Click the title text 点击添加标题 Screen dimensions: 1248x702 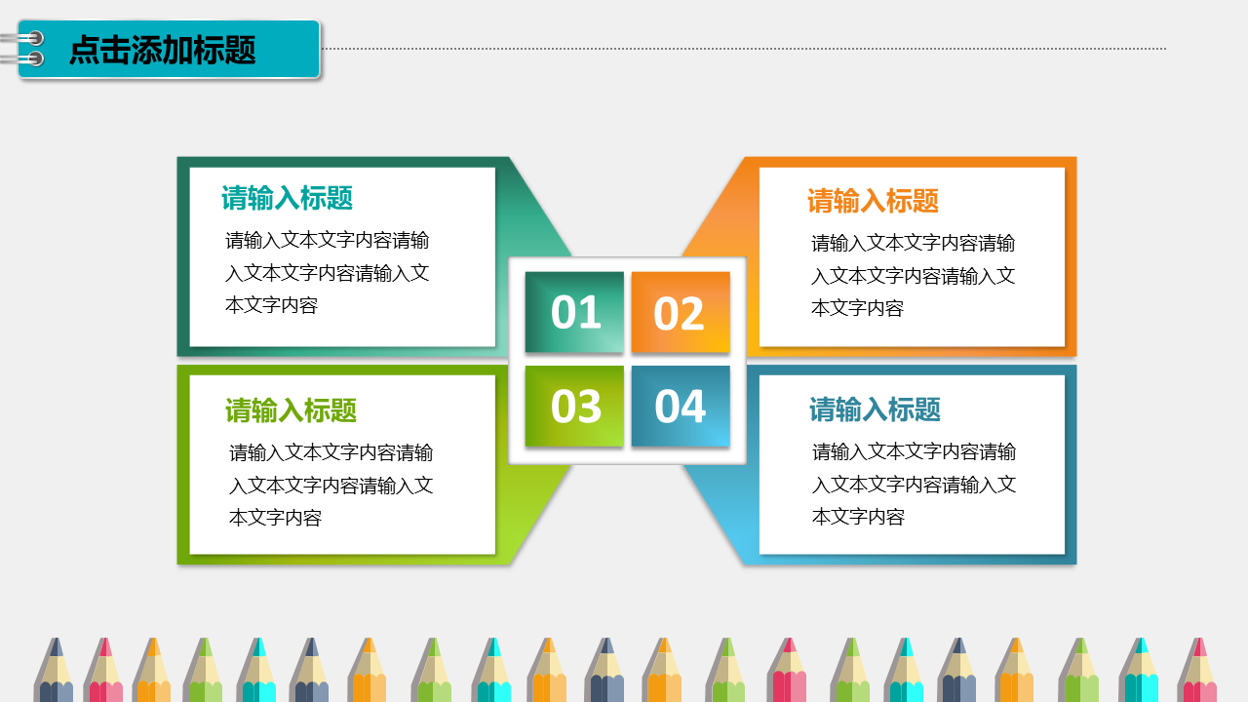click(162, 50)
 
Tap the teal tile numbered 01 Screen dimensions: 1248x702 click(574, 312)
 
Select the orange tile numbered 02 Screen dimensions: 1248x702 click(681, 312)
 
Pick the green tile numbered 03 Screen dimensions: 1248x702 click(574, 406)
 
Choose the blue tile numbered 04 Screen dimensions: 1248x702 click(681, 406)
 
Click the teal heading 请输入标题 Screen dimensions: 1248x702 click(287, 198)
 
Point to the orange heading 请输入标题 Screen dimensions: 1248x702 click(873, 201)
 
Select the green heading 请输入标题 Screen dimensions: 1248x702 click(291, 410)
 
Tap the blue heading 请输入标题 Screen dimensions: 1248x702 click(875, 409)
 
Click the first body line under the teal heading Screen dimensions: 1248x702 click(327, 240)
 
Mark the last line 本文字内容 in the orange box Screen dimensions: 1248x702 click(857, 308)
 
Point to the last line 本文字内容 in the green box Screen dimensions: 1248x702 click(275, 518)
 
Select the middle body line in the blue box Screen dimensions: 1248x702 click(914, 485)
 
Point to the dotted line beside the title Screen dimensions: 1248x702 click(744, 49)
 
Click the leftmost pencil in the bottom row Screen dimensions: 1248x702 click(54, 670)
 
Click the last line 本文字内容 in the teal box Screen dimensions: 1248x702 click(271, 305)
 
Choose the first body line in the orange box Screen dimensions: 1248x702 click(913, 243)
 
